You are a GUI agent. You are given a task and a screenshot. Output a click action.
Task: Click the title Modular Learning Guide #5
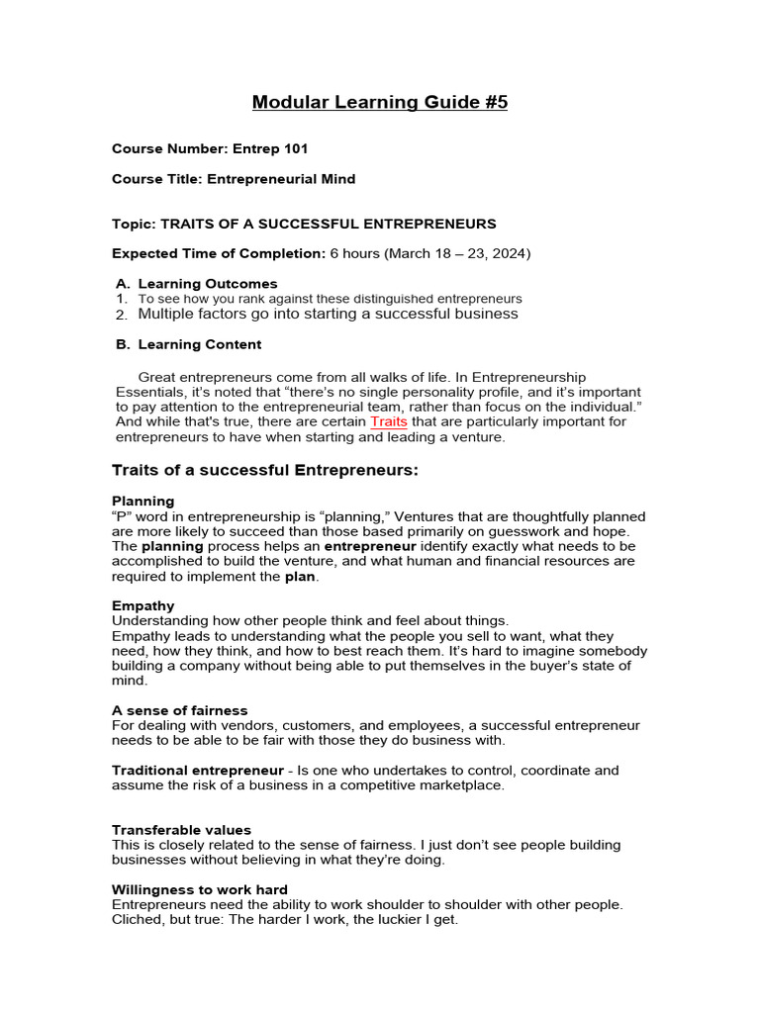coord(380,102)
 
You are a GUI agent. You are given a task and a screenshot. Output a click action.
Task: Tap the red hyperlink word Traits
coord(389,421)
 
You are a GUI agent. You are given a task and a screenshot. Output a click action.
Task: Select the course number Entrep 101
coord(270,149)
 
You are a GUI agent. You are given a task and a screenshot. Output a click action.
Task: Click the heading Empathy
coord(143,605)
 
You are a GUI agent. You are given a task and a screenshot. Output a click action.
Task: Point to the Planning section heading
coord(143,501)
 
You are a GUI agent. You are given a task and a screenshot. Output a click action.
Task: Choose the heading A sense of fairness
coord(180,710)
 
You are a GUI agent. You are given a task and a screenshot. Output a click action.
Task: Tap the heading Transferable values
coord(182,830)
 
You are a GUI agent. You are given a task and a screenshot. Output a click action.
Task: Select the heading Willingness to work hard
coord(200,889)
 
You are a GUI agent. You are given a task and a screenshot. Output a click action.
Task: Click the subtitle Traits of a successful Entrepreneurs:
coord(265,470)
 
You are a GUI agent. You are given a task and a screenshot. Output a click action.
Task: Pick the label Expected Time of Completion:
coord(219,253)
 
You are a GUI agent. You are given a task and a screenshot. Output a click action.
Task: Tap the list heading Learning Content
coord(200,344)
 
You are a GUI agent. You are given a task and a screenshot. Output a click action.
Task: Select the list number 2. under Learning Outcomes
coord(121,315)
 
